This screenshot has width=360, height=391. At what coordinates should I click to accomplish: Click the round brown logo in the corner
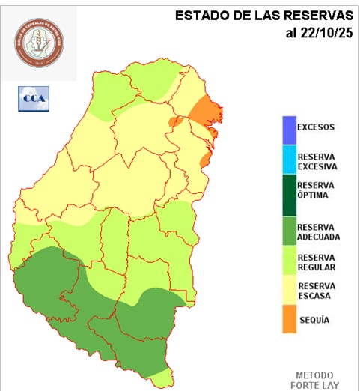pyautogui.click(x=40, y=41)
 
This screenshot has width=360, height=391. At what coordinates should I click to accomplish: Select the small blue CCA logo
pyautogui.click(x=32, y=98)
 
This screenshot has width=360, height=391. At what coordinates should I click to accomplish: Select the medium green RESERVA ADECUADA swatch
pyautogui.click(x=288, y=231)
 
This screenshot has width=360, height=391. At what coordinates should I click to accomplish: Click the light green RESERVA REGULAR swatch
pyautogui.click(x=288, y=263)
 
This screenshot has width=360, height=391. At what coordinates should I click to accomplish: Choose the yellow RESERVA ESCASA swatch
pyautogui.click(x=288, y=291)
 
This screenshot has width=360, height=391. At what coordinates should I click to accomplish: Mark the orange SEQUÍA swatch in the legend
pyautogui.click(x=288, y=319)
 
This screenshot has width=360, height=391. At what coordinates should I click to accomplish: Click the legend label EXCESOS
pyautogui.click(x=316, y=127)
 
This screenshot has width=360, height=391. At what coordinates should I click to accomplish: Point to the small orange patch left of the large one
pyautogui.click(x=175, y=121)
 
